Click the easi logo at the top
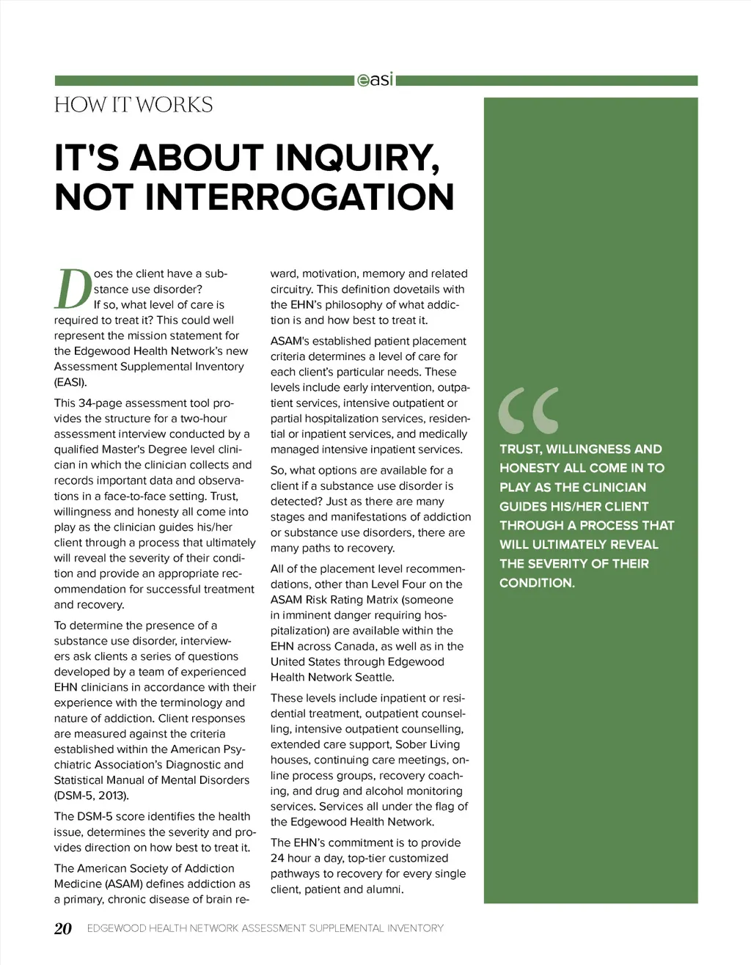coord(375,79)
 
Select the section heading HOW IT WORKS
coord(133,106)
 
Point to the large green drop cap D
coord(72,290)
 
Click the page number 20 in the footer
coord(63,928)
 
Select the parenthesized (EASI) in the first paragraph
coord(70,382)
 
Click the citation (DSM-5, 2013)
coord(91,796)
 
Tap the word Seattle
coord(374,678)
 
